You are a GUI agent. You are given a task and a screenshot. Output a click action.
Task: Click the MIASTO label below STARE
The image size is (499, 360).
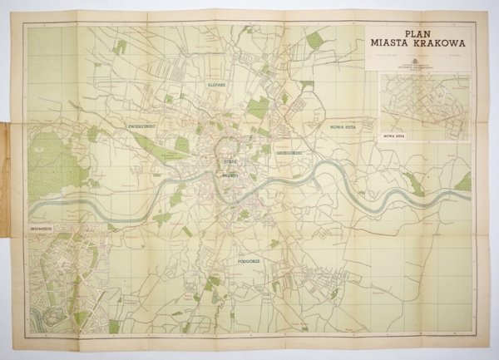(x=230, y=177)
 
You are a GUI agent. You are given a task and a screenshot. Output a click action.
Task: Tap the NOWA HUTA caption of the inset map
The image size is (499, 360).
(x=393, y=133)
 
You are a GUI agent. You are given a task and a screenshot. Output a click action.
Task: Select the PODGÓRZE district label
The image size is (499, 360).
(x=248, y=260)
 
